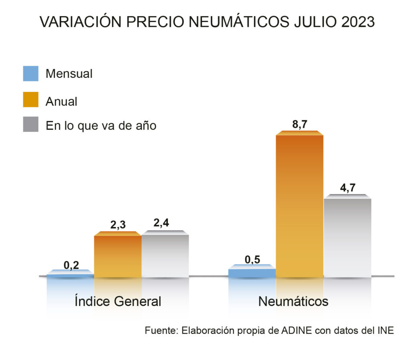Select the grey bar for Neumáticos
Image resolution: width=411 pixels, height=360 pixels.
347,237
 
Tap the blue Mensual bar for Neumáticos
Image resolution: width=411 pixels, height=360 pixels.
252,273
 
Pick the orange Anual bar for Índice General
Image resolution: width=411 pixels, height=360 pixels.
118,256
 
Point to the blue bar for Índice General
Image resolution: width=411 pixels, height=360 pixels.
70,275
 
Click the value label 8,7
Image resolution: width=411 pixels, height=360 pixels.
299,125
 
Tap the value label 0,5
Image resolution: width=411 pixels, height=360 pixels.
252,259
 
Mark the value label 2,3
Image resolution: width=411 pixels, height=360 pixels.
118,225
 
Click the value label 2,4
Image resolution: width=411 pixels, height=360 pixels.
165,224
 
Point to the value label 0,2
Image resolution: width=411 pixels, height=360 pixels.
71,265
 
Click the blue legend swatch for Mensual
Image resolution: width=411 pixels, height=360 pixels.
31,74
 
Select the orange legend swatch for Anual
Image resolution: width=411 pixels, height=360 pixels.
31,100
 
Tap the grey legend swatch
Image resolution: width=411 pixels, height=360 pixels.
31,125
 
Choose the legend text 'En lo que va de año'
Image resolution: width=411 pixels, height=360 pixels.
101,125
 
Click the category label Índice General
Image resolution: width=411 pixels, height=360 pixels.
118,301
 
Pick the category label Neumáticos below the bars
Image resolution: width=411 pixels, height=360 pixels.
293,301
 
